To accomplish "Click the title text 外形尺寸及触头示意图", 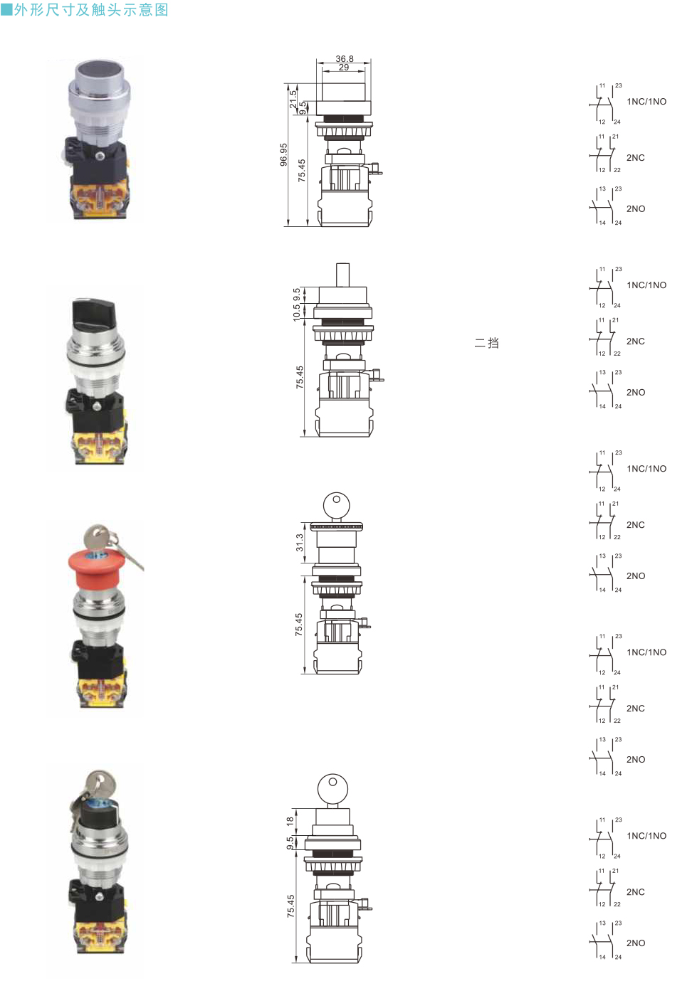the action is (91, 10).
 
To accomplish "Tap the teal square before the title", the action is (6, 10).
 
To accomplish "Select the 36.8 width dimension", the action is (344, 59).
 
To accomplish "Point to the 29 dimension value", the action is (344, 68).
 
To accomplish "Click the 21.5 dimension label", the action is (293, 99).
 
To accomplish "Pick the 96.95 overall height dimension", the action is (283, 155).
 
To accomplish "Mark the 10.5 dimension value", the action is (296, 313).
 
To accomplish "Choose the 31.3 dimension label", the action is (300, 543).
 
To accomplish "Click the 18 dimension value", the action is (290, 821).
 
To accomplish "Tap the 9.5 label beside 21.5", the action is (303, 108).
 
